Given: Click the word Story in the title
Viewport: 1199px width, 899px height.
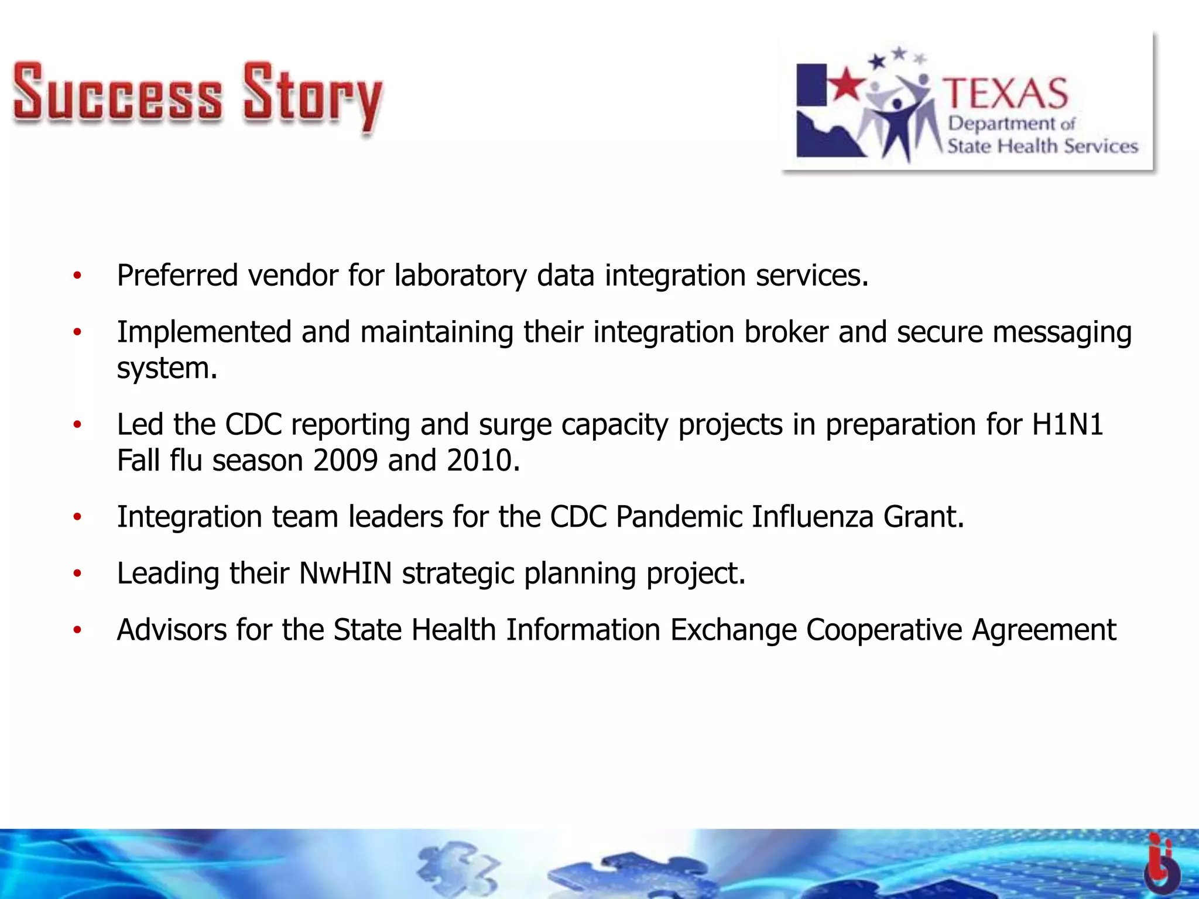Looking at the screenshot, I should click(x=313, y=97).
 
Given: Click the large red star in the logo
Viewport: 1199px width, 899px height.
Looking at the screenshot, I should click(x=844, y=83).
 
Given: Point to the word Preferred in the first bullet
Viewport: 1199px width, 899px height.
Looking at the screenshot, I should click(x=177, y=275).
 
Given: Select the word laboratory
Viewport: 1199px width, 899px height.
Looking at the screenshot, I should click(x=460, y=276).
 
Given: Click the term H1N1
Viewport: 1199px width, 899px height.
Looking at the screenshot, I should click(x=1067, y=424).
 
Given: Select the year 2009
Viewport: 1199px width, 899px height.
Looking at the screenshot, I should click(x=345, y=461).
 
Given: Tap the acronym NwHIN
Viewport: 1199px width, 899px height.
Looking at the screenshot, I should click(x=345, y=573).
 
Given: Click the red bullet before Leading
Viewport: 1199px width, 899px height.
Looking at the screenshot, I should click(x=77, y=574).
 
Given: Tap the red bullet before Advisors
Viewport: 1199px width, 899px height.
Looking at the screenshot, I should click(x=77, y=630).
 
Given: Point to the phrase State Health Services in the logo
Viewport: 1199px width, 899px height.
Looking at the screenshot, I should click(x=1042, y=146).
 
